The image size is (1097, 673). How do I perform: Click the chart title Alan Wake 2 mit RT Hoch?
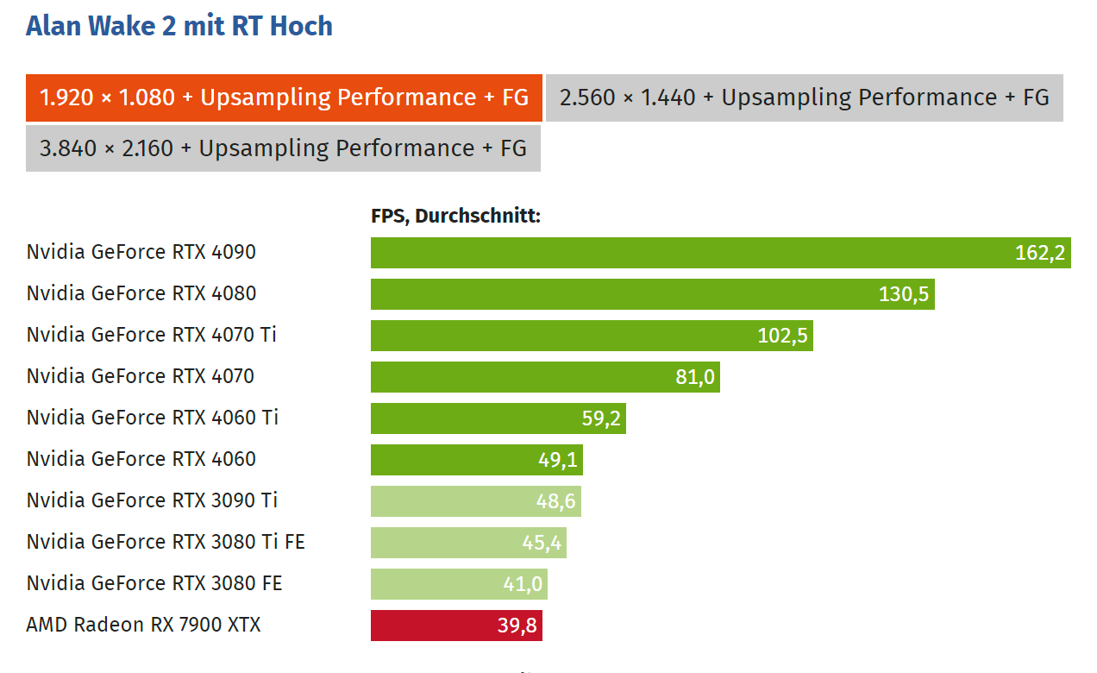click(x=179, y=26)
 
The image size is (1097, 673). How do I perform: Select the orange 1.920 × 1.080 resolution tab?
click(x=284, y=97)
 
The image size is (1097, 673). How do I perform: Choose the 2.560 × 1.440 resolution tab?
click(x=804, y=97)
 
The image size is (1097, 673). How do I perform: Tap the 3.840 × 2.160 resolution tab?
click(x=283, y=148)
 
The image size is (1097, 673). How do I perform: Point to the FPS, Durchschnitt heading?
click(x=455, y=216)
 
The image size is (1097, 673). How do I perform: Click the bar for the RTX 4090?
click(x=690, y=253)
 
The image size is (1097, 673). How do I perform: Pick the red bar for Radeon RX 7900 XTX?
click(x=431, y=626)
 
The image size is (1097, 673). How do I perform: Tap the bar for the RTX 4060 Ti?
click(x=474, y=418)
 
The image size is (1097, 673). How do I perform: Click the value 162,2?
click(x=1040, y=253)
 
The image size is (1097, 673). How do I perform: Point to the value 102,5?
click(x=782, y=336)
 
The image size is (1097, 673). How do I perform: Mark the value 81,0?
click(x=695, y=377)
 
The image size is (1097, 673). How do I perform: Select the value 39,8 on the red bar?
click(x=517, y=626)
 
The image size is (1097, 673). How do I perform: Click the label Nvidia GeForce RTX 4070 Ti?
click(x=152, y=335)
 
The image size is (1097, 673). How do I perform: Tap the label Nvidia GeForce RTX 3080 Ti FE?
click(x=166, y=542)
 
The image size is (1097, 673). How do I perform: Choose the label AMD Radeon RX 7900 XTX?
click(x=143, y=625)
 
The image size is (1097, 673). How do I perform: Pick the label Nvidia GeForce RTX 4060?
click(x=141, y=459)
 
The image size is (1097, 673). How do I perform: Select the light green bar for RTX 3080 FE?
click(x=431, y=584)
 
